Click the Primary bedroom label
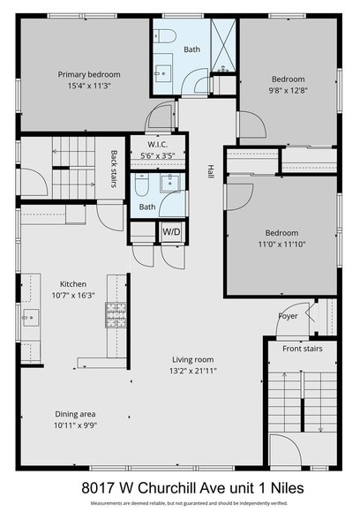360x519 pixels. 89,74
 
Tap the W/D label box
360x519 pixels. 171,231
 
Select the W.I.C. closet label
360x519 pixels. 159,145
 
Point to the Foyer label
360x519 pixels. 288,313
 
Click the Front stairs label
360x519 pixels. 302,349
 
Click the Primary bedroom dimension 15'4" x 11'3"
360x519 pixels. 89,86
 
